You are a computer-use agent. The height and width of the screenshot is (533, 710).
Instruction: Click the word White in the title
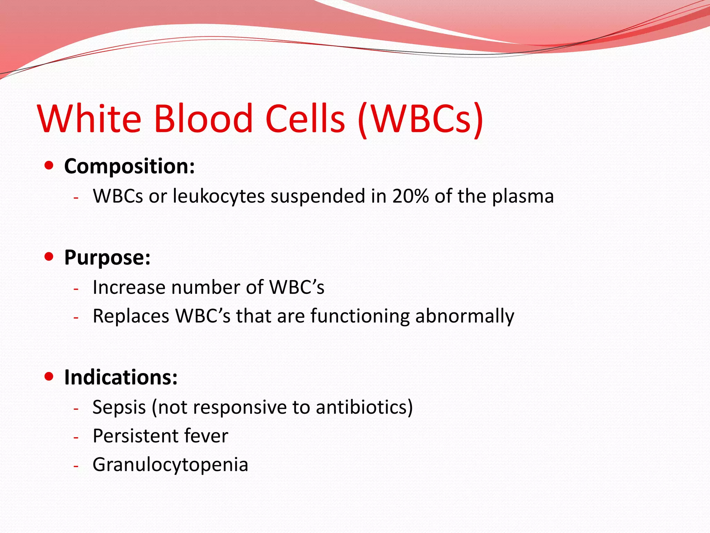pyautogui.click(x=89, y=119)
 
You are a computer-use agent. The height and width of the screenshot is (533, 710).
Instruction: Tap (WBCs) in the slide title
pyautogui.click(x=420, y=119)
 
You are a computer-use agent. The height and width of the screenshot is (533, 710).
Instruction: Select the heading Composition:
pyautogui.click(x=129, y=166)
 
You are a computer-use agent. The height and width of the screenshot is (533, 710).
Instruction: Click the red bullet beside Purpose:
pyautogui.click(x=49, y=257)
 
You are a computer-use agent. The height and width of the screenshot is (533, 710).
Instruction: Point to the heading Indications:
pyautogui.click(x=121, y=377)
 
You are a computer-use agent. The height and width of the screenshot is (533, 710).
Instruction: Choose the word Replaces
pyautogui.click(x=131, y=316)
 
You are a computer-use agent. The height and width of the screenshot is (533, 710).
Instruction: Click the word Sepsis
pyautogui.click(x=119, y=407)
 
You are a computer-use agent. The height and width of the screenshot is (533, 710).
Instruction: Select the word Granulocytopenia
pyautogui.click(x=170, y=465)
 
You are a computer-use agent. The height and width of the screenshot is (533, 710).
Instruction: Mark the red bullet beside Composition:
pyautogui.click(x=49, y=166)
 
